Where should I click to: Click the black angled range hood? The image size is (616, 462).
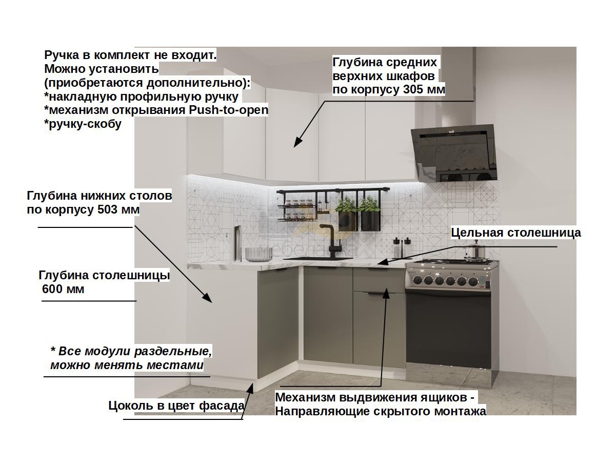[x=454, y=153]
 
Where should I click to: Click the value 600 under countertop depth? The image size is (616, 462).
[x=52, y=289]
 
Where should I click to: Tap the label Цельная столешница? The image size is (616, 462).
[x=515, y=233]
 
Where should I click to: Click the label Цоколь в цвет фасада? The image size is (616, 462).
[x=176, y=406]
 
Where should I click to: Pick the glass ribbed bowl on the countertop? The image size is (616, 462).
[x=259, y=255]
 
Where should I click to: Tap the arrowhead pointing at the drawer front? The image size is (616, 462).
[x=386, y=293]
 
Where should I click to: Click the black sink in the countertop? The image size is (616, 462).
[x=317, y=258]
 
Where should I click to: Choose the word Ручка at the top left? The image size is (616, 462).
[x=62, y=55]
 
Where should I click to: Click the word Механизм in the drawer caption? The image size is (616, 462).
[x=305, y=397]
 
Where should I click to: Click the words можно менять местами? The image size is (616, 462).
[x=127, y=365]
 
